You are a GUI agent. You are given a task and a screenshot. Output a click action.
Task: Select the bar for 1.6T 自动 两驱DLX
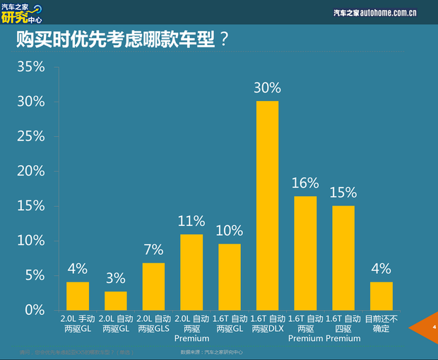[x=267, y=205]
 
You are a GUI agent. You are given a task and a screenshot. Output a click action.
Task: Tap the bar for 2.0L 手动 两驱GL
[x=78, y=296]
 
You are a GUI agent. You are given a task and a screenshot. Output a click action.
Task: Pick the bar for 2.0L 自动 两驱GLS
[x=153, y=286]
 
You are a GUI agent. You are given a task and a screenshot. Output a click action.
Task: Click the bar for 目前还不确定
[x=381, y=296]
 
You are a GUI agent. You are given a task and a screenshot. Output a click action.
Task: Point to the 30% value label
[x=267, y=88]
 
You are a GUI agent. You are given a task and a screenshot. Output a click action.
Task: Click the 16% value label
[x=305, y=184]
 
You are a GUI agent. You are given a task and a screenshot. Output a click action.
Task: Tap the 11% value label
[x=191, y=221]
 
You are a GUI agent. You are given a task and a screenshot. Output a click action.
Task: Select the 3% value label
[x=116, y=278]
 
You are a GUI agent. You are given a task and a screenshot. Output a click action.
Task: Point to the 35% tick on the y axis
[x=31, y=67]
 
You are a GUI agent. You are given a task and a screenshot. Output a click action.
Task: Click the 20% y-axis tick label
[x=31, y=171]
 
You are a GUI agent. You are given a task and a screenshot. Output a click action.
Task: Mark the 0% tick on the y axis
[x=35, y=310]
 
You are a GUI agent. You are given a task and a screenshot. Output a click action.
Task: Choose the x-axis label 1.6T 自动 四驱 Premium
[x=343, y=328]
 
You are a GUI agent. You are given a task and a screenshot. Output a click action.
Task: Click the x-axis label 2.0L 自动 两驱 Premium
[x=191, y=328]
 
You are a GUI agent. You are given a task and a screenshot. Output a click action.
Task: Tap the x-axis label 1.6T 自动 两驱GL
[x=230, y=324]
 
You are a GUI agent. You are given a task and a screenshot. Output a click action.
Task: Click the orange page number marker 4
[x=428, y=327]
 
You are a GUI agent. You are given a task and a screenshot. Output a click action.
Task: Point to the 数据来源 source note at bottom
[x=212, y=351]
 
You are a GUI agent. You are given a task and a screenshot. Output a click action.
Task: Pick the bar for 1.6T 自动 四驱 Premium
[x=343, y=258]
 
